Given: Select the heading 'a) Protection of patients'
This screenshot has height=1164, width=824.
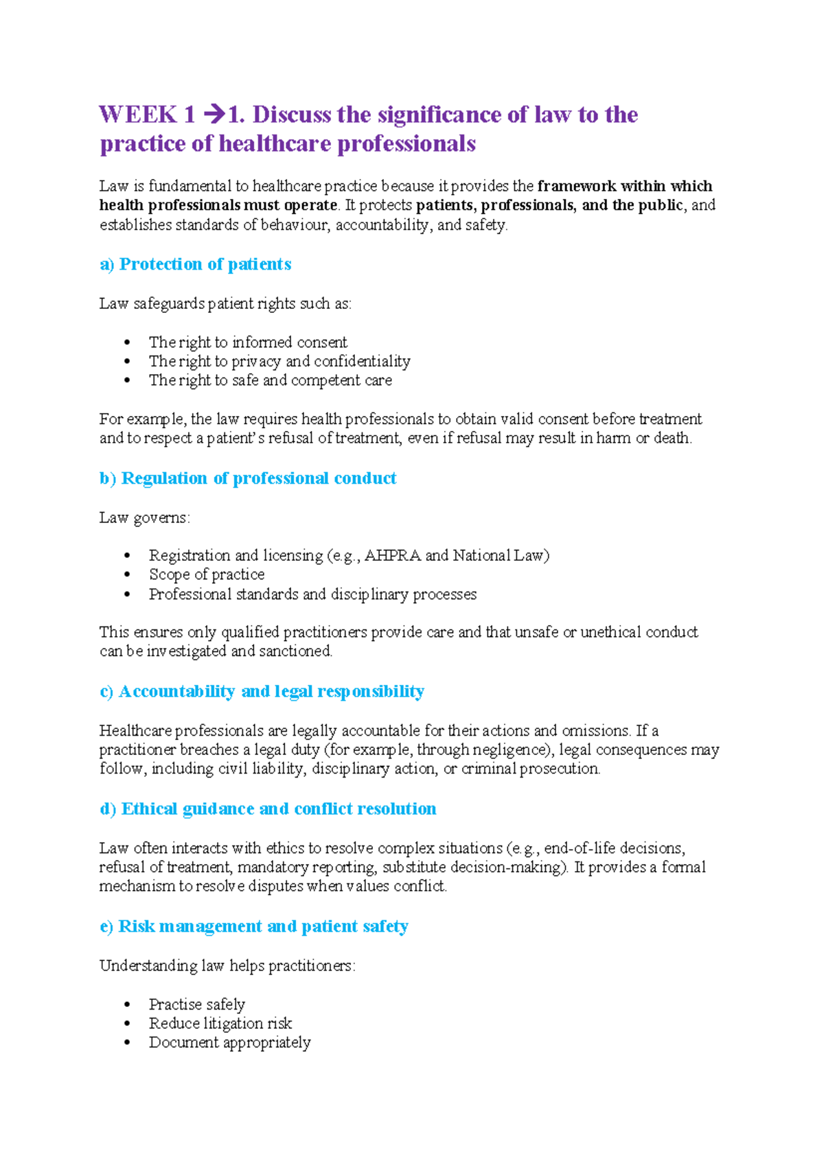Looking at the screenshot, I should [196, 264].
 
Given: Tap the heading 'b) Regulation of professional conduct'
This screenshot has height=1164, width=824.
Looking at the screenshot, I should [248, 478].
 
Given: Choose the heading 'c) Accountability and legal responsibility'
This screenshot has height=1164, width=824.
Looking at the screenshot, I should [262, 691].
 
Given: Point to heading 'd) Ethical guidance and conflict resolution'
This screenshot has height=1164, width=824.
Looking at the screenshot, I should [268, 808].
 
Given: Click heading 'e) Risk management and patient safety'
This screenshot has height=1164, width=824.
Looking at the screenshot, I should [254, 927].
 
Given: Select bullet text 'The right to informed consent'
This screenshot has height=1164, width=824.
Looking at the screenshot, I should [248, 342].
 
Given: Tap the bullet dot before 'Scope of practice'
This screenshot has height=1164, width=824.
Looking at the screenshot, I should [127, 575].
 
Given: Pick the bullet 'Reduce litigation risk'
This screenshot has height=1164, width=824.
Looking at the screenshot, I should [220, 1023].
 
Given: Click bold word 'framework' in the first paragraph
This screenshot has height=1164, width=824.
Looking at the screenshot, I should [576, 186].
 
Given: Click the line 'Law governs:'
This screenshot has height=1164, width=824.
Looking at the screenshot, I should [144, 517].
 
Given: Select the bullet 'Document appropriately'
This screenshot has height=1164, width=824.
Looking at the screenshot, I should [229, 1043].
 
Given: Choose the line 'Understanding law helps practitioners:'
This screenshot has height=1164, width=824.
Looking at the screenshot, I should [227, 966].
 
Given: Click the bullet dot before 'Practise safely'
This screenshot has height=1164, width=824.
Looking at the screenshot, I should [127, 1005].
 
